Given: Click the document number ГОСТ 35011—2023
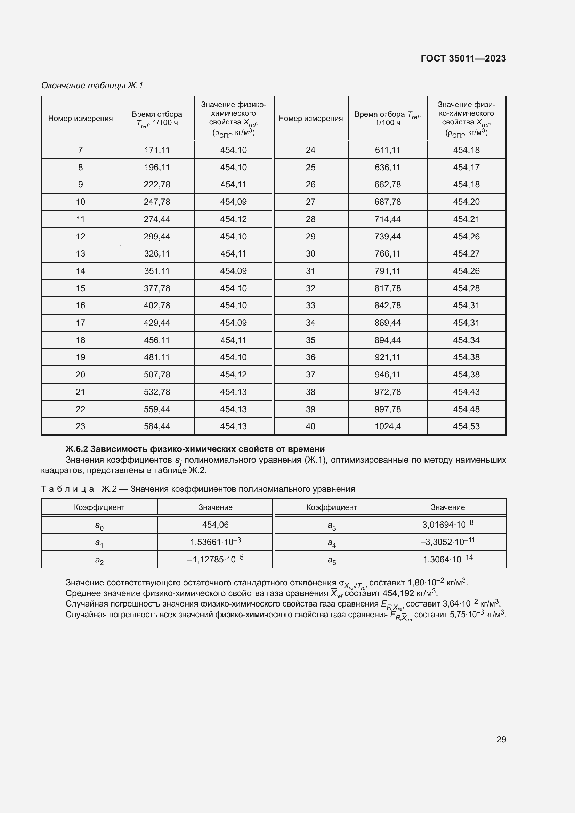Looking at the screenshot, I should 463,58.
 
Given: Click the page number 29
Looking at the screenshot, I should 501,739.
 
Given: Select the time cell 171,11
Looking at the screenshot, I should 157,150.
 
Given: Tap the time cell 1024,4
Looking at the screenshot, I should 388,426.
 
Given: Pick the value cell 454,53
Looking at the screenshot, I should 466,426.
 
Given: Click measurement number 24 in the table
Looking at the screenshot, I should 310,150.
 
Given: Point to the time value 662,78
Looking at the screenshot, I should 388,185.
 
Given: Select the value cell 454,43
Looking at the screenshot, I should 466,392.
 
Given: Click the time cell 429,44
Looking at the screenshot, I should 157,323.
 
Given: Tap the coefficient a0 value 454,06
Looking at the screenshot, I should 215,525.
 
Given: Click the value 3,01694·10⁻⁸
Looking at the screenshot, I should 447,525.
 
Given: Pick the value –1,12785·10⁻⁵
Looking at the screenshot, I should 215,560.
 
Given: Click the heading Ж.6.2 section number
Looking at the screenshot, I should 76,449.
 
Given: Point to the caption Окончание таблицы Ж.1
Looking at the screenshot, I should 92,86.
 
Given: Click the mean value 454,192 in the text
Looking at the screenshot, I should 398,593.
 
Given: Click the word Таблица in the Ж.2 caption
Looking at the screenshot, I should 68,489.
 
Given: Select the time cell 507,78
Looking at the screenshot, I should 157,375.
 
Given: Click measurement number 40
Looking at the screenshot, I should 310,426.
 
